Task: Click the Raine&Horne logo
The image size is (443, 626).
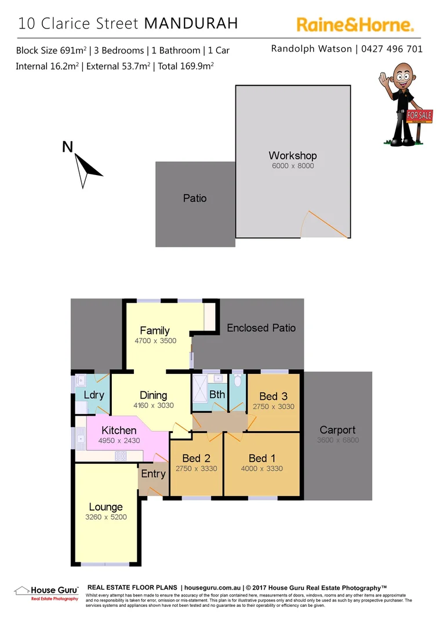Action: [x=355, y=24]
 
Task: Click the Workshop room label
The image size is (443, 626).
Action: [x=292, y=156]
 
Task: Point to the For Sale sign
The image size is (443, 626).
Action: [x=419, y=115]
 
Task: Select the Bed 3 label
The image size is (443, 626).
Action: [x=273, y=396]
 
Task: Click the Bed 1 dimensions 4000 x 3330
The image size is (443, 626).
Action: [x=262, y=468]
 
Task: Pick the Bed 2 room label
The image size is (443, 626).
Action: [x=195, y=458]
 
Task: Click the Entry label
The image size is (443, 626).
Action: [x=153, y=474]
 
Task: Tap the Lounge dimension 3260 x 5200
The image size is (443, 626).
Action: [x=107, y=517]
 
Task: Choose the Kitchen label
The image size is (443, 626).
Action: [x=119, y=430]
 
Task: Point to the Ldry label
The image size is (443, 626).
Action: [x=93, y=395]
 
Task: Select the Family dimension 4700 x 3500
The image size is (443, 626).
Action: [x=155, y=341]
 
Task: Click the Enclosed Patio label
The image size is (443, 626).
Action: [x=261, y=327]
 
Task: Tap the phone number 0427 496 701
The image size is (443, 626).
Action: [x=392, y=49]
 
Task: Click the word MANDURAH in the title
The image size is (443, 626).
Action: [x=191, y=23]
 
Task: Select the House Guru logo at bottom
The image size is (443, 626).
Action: [x=46, y=592]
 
